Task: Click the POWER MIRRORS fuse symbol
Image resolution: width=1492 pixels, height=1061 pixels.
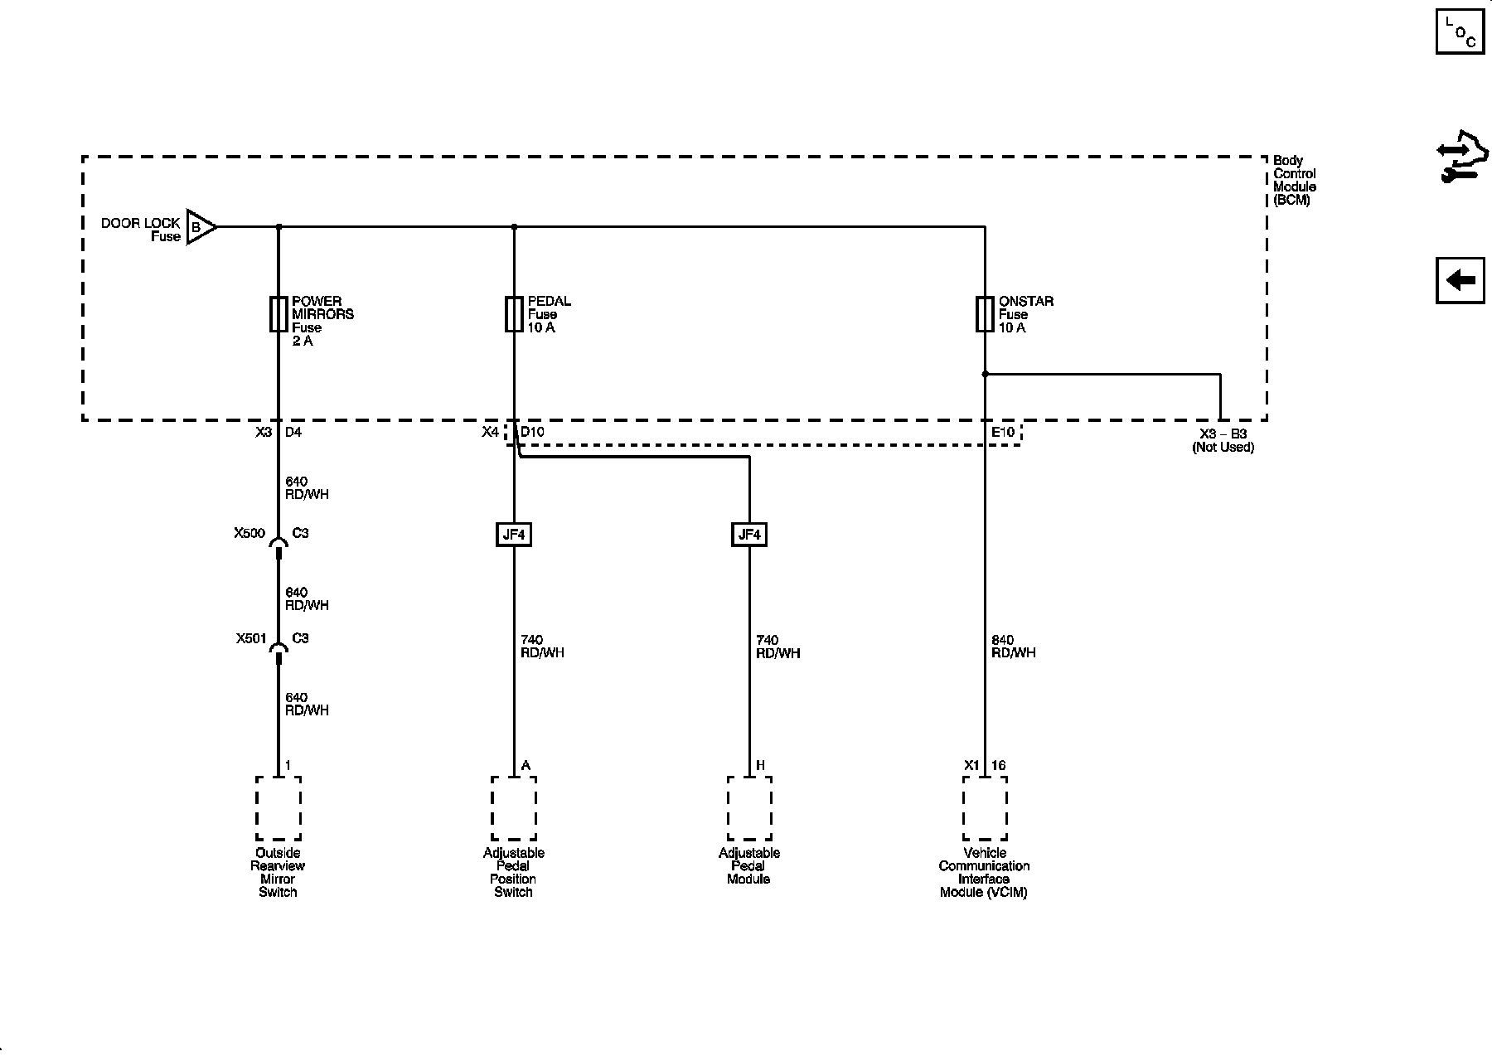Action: [x=279, y=314]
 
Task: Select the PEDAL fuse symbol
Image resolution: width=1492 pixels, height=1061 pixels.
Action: [x=514, y=314]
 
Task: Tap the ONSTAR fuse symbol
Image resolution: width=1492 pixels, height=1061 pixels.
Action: [x=985, y=314]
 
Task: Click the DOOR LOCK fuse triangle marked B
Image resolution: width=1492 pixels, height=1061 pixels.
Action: [x=200, y=226]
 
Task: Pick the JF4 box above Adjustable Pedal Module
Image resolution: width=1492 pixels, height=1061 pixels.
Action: [x=749, y=535]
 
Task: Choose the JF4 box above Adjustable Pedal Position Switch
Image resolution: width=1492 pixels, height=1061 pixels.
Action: [x=514, y=535]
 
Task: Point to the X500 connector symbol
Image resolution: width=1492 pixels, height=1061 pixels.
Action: [x=279, y=543]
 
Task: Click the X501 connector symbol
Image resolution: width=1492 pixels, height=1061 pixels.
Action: [x=279, y=648]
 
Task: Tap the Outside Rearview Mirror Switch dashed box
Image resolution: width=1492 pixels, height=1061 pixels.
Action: [x=279, y=808]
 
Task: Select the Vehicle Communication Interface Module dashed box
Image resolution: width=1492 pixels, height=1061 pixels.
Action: [x=985, y=808]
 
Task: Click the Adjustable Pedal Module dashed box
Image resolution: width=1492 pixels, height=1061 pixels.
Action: [x=749, y=808]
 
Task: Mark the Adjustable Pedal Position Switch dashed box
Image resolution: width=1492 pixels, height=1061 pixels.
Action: [x=514, y=808]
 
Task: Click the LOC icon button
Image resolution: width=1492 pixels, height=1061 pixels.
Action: [x=1461, y=31]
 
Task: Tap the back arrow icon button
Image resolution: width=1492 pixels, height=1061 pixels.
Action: [x=1461, y=280]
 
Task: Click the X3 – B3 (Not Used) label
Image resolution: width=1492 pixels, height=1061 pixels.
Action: [x=1223, y=440]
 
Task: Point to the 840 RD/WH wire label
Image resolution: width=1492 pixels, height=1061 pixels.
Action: [x=1013, y=647]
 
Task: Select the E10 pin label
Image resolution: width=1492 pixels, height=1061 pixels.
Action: [x=1002, y=432]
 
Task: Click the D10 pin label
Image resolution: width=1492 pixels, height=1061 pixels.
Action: [x=532, y=432]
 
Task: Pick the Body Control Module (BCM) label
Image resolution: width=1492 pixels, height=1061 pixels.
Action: [x=1294, y=180]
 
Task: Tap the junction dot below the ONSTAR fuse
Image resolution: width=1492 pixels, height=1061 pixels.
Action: [x=985, y=374]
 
